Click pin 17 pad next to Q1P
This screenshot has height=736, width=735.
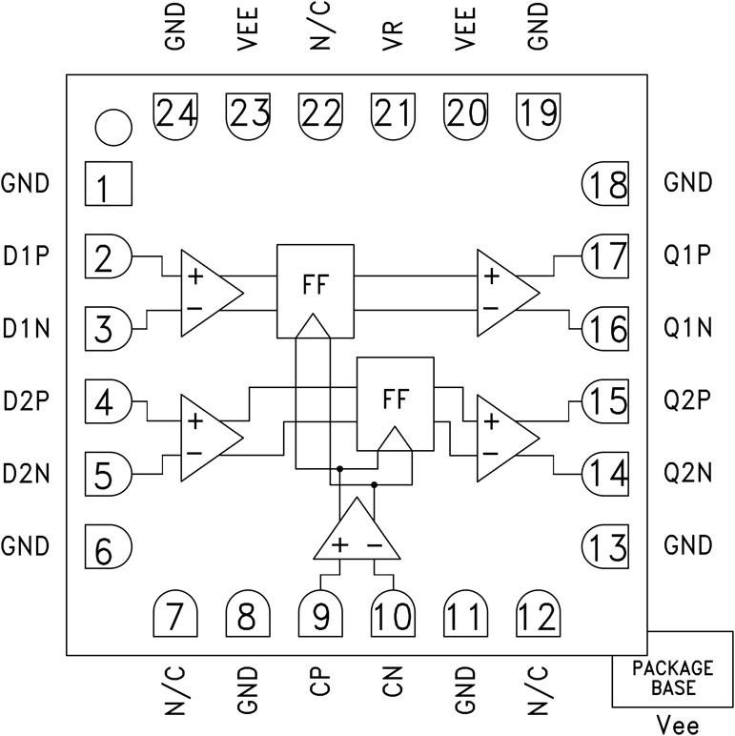tap(605, 256)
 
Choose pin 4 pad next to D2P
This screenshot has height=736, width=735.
tap(107, 401)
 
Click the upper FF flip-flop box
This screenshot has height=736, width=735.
tap(315, 289)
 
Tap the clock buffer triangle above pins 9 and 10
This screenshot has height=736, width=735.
tap(355, 534)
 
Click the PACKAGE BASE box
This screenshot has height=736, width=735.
tap(672, 680)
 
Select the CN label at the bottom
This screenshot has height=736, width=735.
tap(392, 684)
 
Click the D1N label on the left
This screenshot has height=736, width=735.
tap(26, 329)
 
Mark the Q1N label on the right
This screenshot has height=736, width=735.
tap(689, 329)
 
